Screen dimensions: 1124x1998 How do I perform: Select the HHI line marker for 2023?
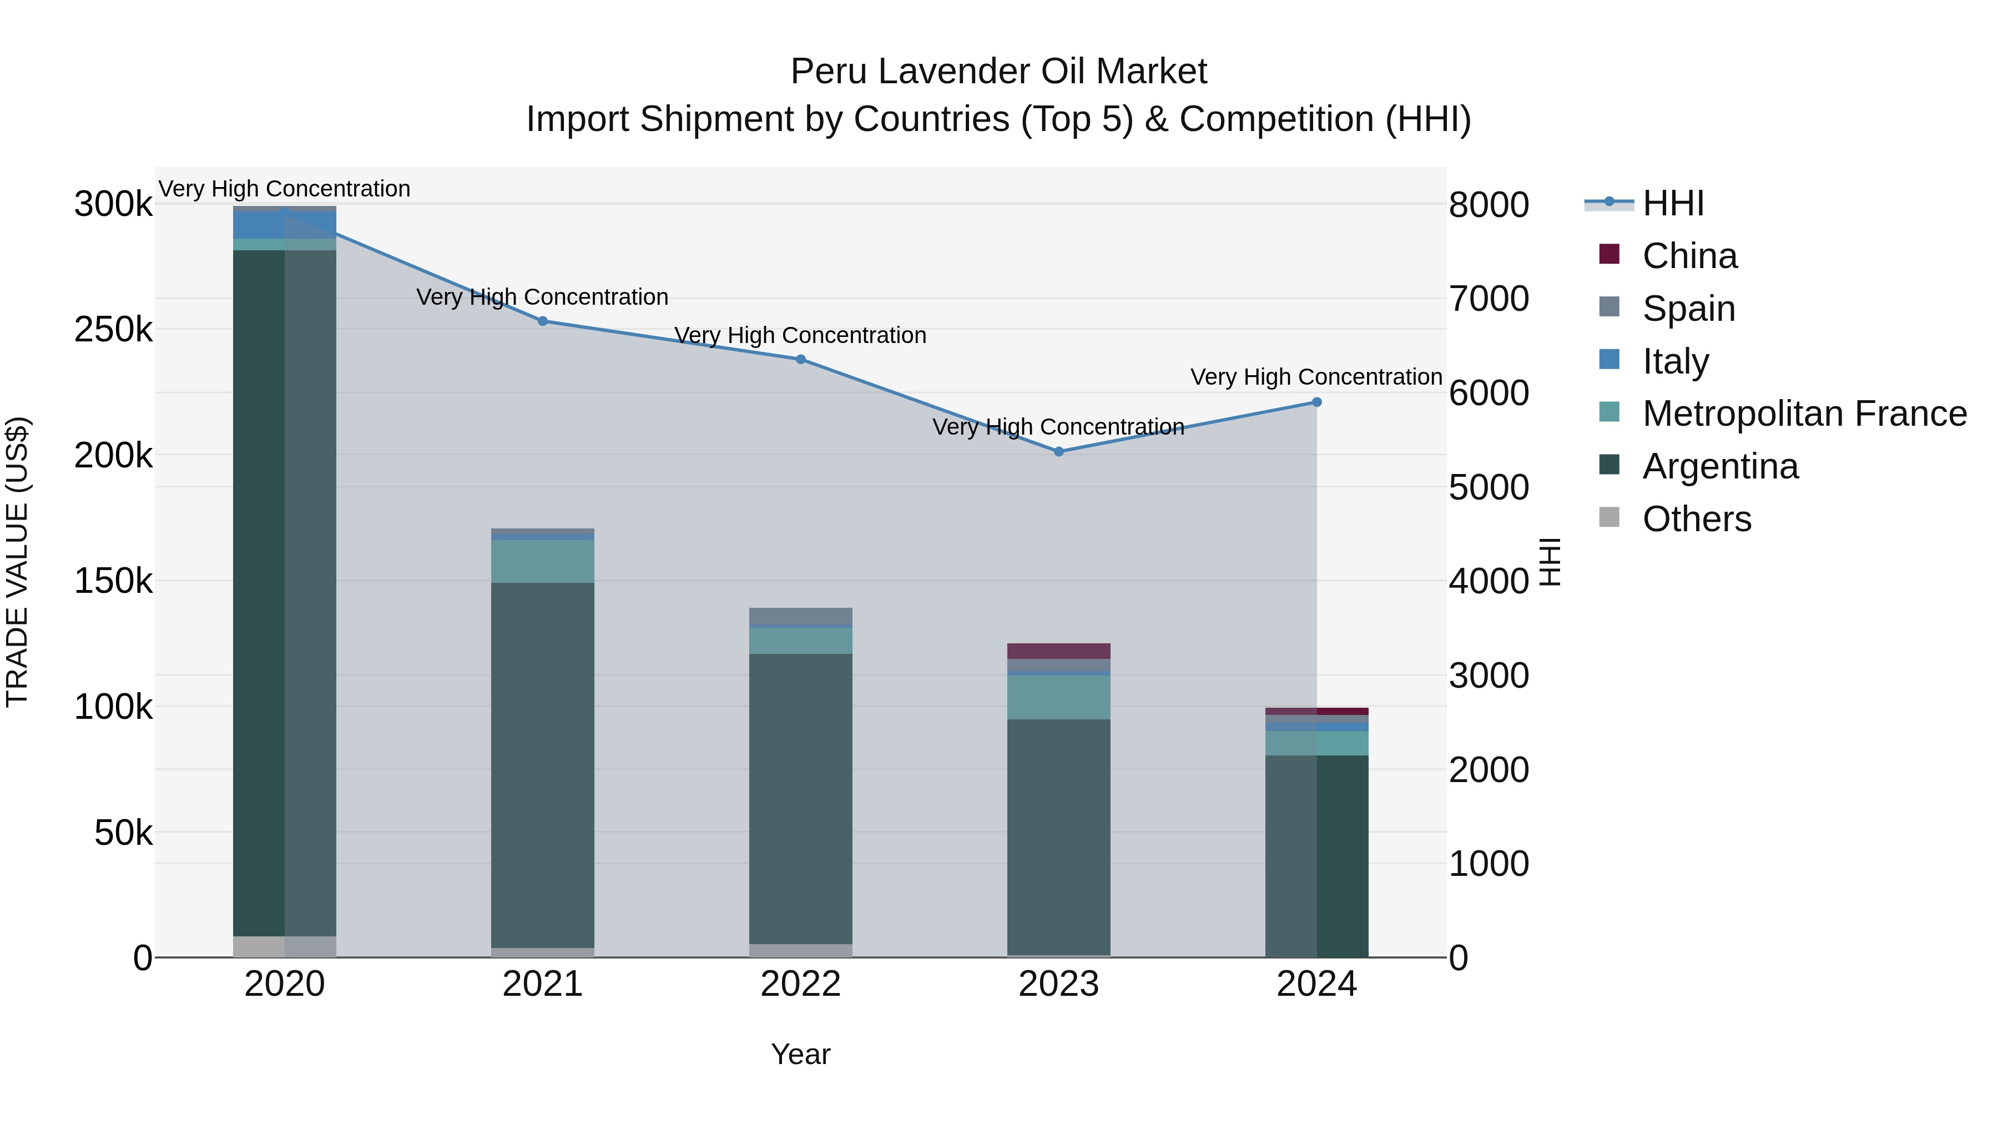coord(1059,451)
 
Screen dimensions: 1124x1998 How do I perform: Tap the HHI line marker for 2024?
coord(1316,402)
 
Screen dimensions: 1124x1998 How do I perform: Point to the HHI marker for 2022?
coord(800,359)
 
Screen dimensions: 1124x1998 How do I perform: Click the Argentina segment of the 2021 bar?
coord(542,764)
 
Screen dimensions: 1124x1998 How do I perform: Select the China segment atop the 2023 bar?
coord(1059,651)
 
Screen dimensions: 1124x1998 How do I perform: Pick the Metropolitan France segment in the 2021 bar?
coord(542,561)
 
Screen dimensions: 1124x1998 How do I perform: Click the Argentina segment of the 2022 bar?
coord(800,799)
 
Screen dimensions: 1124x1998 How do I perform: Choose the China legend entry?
coord(1689,256)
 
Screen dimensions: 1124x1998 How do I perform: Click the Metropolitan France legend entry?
coord(1804,414)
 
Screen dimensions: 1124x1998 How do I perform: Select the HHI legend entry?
coord(1672,203)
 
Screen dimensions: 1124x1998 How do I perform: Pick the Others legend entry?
coord(1696,519)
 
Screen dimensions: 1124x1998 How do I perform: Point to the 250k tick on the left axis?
coord(113,330)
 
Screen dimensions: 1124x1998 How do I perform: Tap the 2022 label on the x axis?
coord(800,984)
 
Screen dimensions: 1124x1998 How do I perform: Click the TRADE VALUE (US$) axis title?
coord(17,562)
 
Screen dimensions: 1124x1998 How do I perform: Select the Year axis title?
coord(800,1054)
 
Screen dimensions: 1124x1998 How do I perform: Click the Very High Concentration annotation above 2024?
coord(1316,377)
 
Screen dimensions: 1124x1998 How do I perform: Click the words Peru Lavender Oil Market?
coord(998,72)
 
